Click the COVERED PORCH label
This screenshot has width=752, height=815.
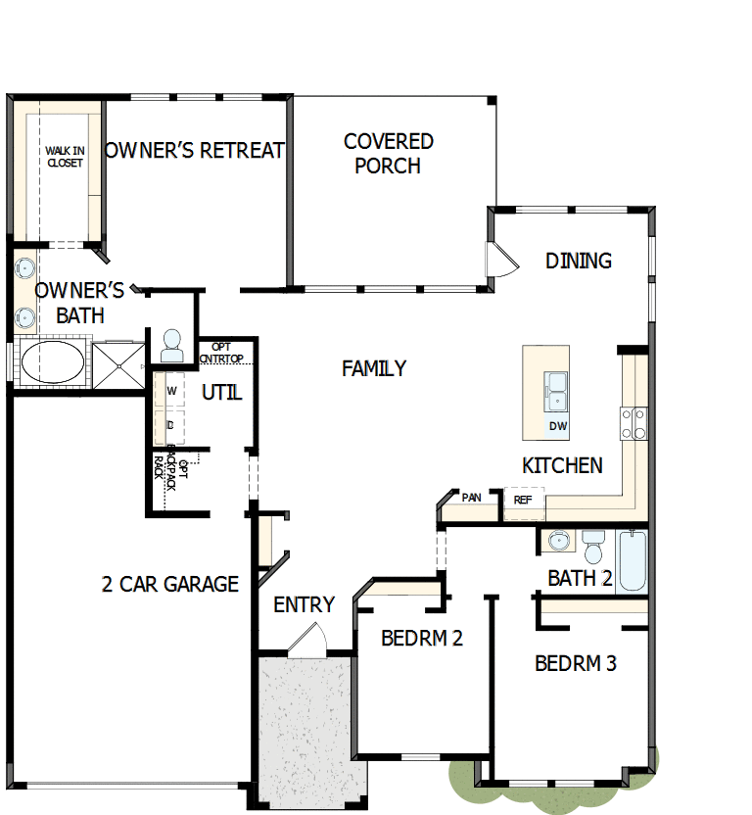[388, 154]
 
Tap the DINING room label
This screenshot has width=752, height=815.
[579, 261]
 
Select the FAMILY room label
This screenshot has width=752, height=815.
[374, 368]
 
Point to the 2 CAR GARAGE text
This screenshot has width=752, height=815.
[170, 584]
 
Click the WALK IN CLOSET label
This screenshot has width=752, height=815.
[65, 157]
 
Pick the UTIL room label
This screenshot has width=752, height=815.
[222, 393]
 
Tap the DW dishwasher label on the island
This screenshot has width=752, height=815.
[558, 426]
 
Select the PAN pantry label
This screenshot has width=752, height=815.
[471, 498]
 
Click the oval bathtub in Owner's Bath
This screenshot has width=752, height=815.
[53, 361]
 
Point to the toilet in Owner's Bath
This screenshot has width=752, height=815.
[172, 346]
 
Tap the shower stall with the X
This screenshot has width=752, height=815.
[118, 366]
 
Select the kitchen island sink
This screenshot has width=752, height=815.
[555, 392]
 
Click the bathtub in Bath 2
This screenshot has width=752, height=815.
[633, 560]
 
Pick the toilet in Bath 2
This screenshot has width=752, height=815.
[593, 547]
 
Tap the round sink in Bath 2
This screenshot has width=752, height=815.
[559, 541]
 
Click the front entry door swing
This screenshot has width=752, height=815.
[307, 639]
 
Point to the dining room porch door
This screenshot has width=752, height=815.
[501, 260]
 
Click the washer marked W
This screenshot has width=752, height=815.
[170, 391]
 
